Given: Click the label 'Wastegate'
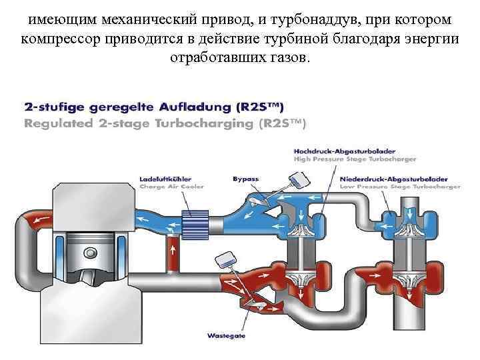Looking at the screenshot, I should click(227, 335).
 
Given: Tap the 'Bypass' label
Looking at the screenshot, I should click(245, 179).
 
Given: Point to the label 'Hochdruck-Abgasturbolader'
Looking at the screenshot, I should click(335, 151).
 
